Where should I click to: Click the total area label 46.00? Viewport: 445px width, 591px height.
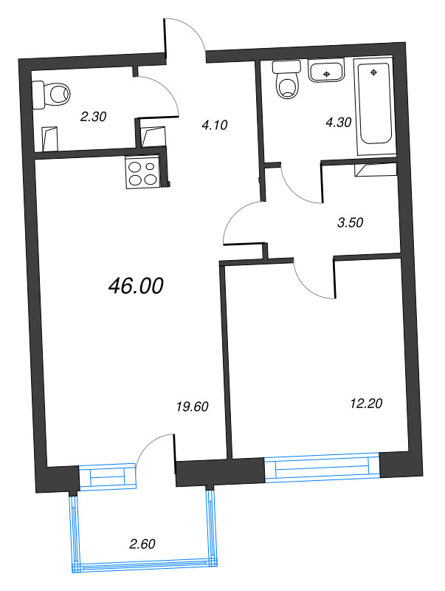tap(135, 286)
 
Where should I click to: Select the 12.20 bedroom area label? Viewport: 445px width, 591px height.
tap(367, 403)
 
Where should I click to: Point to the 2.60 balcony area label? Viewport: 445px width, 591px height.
tap(142, 544)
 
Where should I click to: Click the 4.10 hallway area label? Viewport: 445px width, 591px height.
tap(214, 125)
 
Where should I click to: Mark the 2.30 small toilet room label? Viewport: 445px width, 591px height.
tap(94, 115)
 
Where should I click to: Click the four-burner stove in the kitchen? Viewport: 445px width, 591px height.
tap(143, 174)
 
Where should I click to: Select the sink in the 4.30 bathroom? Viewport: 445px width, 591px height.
tap(325, 72)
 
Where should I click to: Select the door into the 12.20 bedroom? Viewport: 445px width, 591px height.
tap(314, 278)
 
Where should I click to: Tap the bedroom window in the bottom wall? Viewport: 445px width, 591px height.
tap(321, 469)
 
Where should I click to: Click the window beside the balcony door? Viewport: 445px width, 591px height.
tap(108, 476)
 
